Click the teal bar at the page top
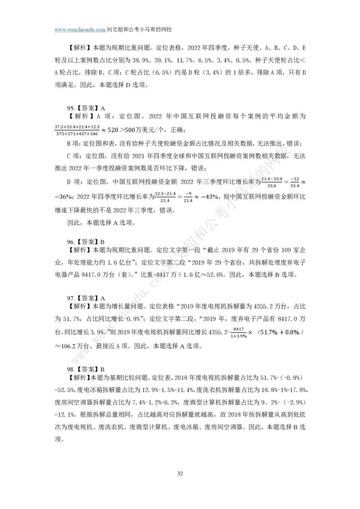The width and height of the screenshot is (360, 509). point(80,29)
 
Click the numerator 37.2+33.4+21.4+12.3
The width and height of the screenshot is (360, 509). point(77,127)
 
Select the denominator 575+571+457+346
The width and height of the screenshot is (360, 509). point(77,134)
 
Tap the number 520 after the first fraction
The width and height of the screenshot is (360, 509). point(112,130)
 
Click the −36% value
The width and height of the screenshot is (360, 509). point(63,197)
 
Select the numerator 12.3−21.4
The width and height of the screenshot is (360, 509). point(165,194)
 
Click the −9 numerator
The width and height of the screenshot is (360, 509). point(188,194)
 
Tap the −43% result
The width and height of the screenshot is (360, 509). point(209,197)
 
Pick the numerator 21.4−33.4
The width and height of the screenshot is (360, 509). point(272,179)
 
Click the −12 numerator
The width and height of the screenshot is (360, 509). point(295,179)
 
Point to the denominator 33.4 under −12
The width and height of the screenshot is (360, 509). point(295,186)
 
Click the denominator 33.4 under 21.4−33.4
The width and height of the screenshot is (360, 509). point(272,186)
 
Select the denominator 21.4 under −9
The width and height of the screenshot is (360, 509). point(188,201)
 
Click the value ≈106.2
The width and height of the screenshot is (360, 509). point(65,346)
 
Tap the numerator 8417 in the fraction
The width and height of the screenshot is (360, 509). point(238,329)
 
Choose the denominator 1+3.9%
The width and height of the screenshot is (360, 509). point(238,336)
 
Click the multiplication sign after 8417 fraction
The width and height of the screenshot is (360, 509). point(250,333)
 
